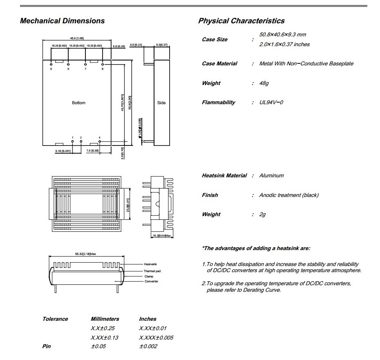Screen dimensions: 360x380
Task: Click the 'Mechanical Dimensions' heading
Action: [x=62, y=21]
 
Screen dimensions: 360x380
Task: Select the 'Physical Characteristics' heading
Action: [x=241, y=21]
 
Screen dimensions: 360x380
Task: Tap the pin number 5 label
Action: [x=51, y=69]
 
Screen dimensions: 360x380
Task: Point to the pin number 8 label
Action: [x=103, y=69]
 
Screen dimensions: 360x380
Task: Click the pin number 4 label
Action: [x=99, y=137]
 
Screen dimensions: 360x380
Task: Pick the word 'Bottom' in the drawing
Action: [x=78, y=103]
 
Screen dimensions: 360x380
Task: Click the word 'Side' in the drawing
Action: [x=161, y=103]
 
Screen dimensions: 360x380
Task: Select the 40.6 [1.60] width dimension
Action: [x=77, y=38]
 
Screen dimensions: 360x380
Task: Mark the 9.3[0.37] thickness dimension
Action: [x=162, y=45]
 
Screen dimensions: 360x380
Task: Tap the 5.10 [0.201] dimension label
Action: [x=63, y=152]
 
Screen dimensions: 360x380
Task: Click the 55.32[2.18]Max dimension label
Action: [x=85, y=254]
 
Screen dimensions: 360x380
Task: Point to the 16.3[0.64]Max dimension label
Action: [x=162, y=236]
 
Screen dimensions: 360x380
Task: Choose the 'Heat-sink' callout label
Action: [x=150, y=264]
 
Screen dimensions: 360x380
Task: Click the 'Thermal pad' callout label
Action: [x=152, y=271]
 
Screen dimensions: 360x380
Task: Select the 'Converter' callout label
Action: [x=151, y=281]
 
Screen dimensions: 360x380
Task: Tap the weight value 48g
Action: [x=264, y=83]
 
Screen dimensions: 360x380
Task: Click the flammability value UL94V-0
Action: [x=271, y=103]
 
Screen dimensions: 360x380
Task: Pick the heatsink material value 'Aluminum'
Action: [x=271, y=176]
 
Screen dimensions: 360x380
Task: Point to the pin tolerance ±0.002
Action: [x=148, y=347]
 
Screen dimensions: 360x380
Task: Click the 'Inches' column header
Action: [x=148, y=319]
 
